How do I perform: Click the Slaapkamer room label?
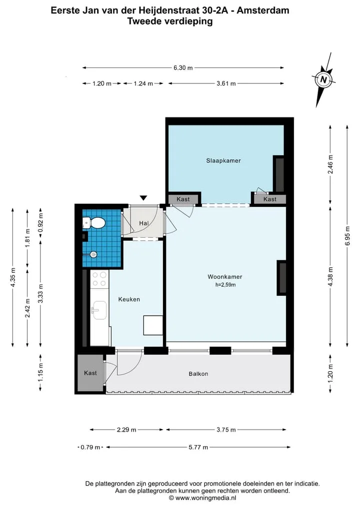pyautogui.click(x=223, y=161)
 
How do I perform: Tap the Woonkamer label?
pyautogui.click(x=225, y=277)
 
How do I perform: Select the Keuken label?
pyautogui.click(x=129, y=299)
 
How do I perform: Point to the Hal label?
pyautogui.click(x=143, y=223)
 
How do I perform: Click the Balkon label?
pyautogui.click(x=198, y=374)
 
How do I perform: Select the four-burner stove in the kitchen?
pyautogui.click(x=99, y=279)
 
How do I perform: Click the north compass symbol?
pyautogui.click(x=323, y=79)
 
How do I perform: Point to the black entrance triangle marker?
pyautogui.click(x=143, y=198)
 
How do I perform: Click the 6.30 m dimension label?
pyautogui.click(x=183, y=68)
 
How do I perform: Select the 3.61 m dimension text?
pyautogui.click(x=226, y=83)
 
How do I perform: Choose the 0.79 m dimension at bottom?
pyautogui.click(x=90, y=448)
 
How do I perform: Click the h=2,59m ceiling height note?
pyautogui.click(x=225, y=285)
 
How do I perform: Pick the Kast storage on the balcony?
pyautogui.click(x=90, y=373)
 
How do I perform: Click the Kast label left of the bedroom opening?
pyautogui.click(x=183, y=199)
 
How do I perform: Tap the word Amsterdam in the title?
pyautogui.click(x=263, y=10)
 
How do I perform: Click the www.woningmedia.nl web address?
pyautogui.click(x=205, y=498)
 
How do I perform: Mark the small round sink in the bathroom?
pyautogui.click(x=93, y=255)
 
